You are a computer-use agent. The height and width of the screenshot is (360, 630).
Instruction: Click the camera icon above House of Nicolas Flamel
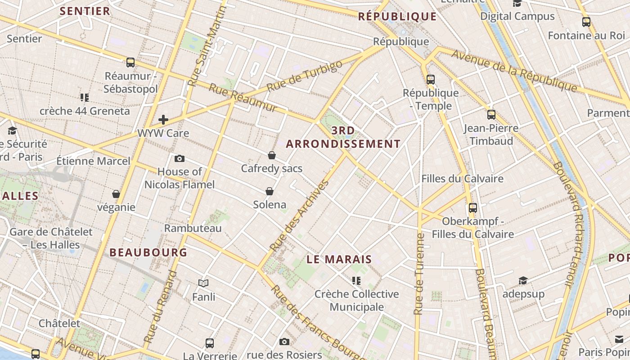tap(179, 158)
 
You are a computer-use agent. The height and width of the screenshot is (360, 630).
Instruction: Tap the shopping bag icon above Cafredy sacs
tap(272, 155)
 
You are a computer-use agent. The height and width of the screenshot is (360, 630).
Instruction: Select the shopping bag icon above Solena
tap(270, 191)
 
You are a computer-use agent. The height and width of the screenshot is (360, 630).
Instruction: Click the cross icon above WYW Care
tap(163, 120)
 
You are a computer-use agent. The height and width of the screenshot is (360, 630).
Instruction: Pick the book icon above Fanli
tap(203, 283)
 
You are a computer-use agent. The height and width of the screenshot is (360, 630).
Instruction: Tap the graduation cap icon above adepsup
tap(523, 281)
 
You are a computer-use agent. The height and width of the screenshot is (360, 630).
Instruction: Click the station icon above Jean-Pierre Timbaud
tap(491, 115)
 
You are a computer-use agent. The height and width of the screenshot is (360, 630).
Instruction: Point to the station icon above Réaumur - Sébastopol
tap(130, 63)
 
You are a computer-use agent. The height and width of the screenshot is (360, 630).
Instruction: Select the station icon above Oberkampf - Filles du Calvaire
tap(473, 208)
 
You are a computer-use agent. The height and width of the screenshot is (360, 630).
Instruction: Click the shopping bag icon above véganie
tap(116, 194)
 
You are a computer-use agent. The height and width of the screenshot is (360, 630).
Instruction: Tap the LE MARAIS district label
tap(339, 259)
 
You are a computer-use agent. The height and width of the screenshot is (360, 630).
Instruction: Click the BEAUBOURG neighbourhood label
tap(148, 252)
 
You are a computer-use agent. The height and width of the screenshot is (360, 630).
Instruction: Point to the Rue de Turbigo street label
tap(304, 76)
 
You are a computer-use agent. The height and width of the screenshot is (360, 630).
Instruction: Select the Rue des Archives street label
tap(299, 216)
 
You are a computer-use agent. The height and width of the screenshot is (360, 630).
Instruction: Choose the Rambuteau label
tap(193, 228)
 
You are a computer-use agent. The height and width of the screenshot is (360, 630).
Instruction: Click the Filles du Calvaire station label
tap(462, 179)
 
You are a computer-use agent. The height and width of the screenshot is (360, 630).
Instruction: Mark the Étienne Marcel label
tap(93, 161)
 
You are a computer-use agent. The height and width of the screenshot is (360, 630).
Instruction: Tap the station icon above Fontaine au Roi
tap(586, 22)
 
